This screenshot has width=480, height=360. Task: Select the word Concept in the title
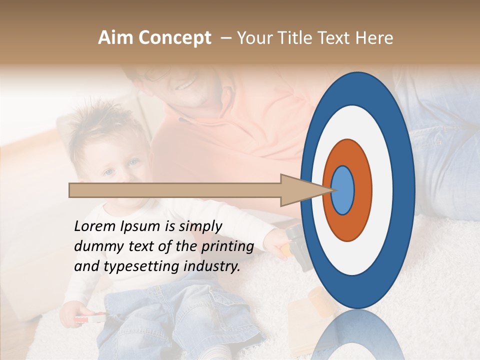(x=174, y=38)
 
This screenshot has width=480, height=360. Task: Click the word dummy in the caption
(x=95, y=246)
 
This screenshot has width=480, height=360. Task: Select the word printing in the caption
(x=227, y=247)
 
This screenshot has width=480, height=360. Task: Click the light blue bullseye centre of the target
(x=342, y=190)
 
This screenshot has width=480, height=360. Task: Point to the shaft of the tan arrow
(x=175, y=190)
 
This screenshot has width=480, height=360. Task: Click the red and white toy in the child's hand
(x=90, y=318)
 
